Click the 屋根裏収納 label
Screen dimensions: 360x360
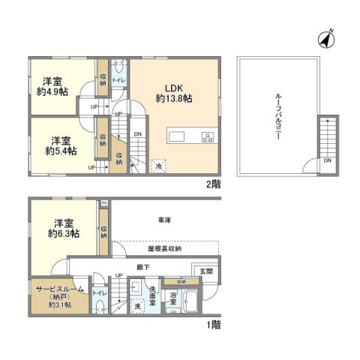[x=163, y=248]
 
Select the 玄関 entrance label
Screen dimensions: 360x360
[x=204, y=271]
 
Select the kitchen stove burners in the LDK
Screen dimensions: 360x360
[x=207, y=136]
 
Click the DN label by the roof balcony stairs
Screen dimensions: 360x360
[x=328, y=160]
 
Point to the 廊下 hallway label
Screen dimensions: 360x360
[x=142, y=266]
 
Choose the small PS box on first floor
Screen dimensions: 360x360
[x=104, y=203]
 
